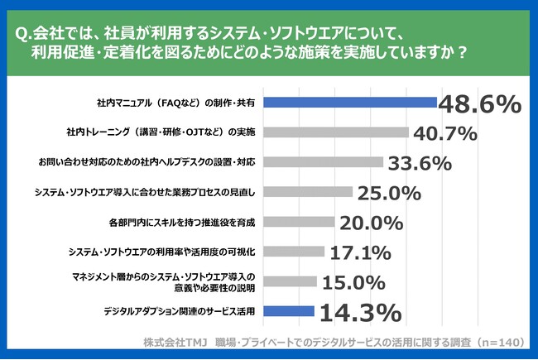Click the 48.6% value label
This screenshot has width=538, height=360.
pyautogui.click(x=479, y=104)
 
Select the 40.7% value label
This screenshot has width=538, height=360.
pyautogui.click(x=445, y=132)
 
